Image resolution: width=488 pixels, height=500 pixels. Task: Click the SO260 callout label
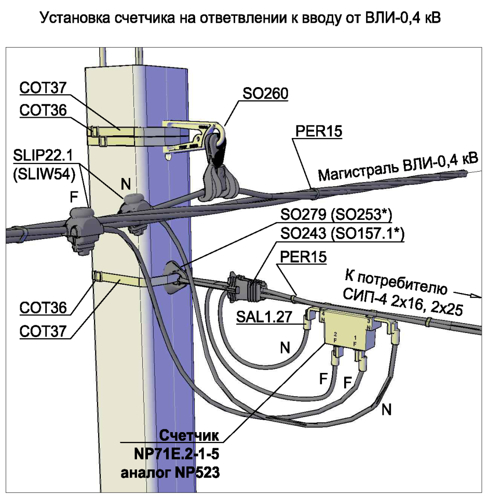(x=265, y=93)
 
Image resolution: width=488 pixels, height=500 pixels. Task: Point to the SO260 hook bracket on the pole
(x=192, y=136)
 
